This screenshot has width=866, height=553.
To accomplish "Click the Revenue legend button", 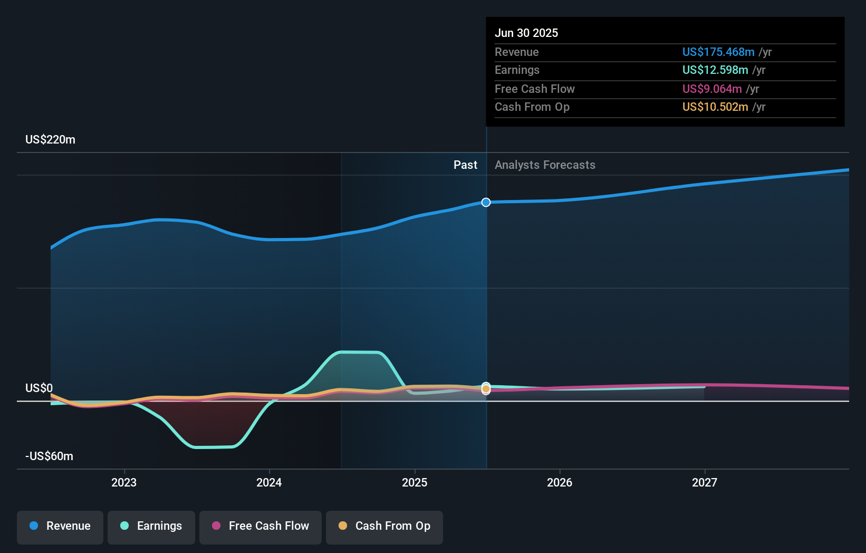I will pos(60,526).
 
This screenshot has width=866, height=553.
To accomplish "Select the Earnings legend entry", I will pos(151,526).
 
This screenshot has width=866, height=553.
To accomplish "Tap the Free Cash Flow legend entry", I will pos(261,526).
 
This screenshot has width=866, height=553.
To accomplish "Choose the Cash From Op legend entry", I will pos(384,526).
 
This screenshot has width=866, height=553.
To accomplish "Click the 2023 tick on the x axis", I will pos(124,482).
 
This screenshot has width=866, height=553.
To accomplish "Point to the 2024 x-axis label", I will pos(269,482).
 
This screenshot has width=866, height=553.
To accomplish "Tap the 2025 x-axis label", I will pos(415,482).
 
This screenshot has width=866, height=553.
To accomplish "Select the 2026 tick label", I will pos(560,482).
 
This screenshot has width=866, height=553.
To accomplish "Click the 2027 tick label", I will pos(705,482).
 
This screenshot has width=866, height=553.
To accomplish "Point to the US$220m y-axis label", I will pos(50,140).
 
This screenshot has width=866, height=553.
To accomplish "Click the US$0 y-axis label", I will pos(39,388).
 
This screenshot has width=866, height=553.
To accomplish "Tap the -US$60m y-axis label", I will pos(49,456).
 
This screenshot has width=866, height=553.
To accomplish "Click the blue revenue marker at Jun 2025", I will pos(486,202).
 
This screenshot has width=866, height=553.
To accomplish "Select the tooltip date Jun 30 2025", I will pos(526,33).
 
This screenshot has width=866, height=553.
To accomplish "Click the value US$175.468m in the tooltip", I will pos(718,52).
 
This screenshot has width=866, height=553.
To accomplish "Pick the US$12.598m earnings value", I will pos(715,70).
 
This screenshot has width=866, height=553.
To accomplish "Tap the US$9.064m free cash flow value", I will pos(711,89).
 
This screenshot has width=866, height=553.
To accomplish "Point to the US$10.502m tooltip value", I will pos(715,107).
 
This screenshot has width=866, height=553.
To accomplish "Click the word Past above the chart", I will pos(465,165).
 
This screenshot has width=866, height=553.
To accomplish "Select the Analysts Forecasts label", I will pos(545,165).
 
